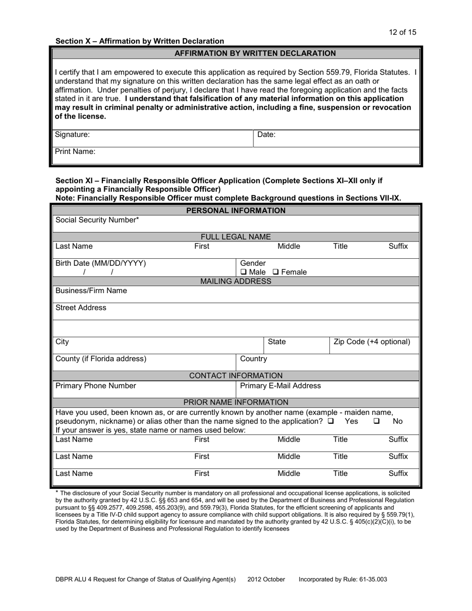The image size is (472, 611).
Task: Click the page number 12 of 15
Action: [402, 32]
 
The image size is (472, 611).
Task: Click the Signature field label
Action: [72, 135]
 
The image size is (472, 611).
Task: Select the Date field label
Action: [266, 135]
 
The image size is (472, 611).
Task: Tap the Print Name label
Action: [75, 152]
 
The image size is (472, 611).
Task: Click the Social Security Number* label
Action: [97, 220]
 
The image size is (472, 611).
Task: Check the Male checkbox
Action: [243, 272]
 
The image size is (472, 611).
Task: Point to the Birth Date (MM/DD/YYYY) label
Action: [101, 263]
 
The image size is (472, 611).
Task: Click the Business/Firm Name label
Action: [91, 291]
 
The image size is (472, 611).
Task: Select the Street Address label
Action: [80, 308]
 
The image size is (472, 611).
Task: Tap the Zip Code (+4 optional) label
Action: [372, 342]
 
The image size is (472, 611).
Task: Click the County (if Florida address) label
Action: [101, 359]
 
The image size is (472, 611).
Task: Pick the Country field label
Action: [253, 359]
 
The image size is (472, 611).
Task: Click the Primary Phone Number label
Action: [95, 385]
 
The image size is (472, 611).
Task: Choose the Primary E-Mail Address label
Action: [280, 385]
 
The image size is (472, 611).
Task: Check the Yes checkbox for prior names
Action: [331, 421]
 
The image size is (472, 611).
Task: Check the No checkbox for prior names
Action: [377, 421]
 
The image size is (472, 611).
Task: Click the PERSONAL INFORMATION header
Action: [236, 211]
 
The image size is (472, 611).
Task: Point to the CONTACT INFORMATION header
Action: [236, 376]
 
